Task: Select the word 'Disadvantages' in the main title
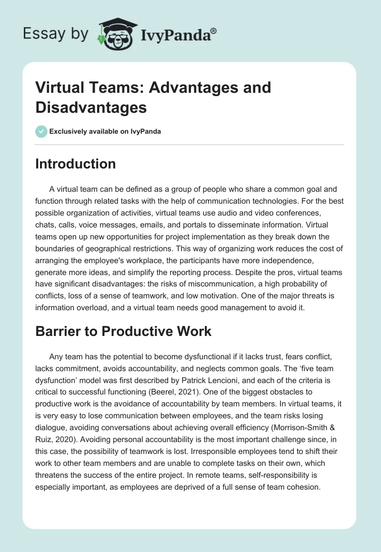click(x=91, y=107)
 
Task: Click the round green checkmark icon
click(x=41, y=132)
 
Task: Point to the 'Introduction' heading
click(x=76, y=164)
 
